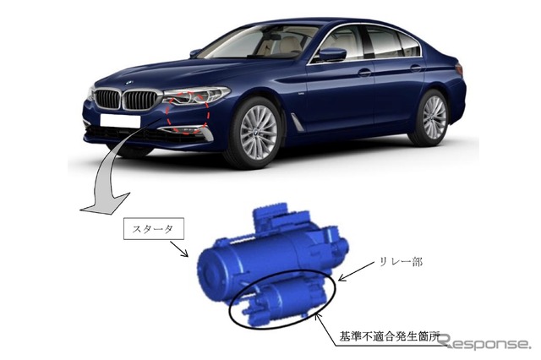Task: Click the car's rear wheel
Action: [430, 117]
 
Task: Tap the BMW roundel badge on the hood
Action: [128, 83]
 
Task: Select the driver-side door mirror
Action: [332, 55]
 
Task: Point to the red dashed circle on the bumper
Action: [188, 112]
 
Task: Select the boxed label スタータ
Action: [154, 228]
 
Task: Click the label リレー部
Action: [401, 262]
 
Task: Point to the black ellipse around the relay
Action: [282, 299]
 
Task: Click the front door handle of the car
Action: [364, 73]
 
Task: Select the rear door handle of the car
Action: [416, 68]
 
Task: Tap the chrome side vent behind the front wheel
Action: [297, 122]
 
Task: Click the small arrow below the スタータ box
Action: [179, 249]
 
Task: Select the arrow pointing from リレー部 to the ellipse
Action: [357, 271]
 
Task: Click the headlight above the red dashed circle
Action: [196, 95]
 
